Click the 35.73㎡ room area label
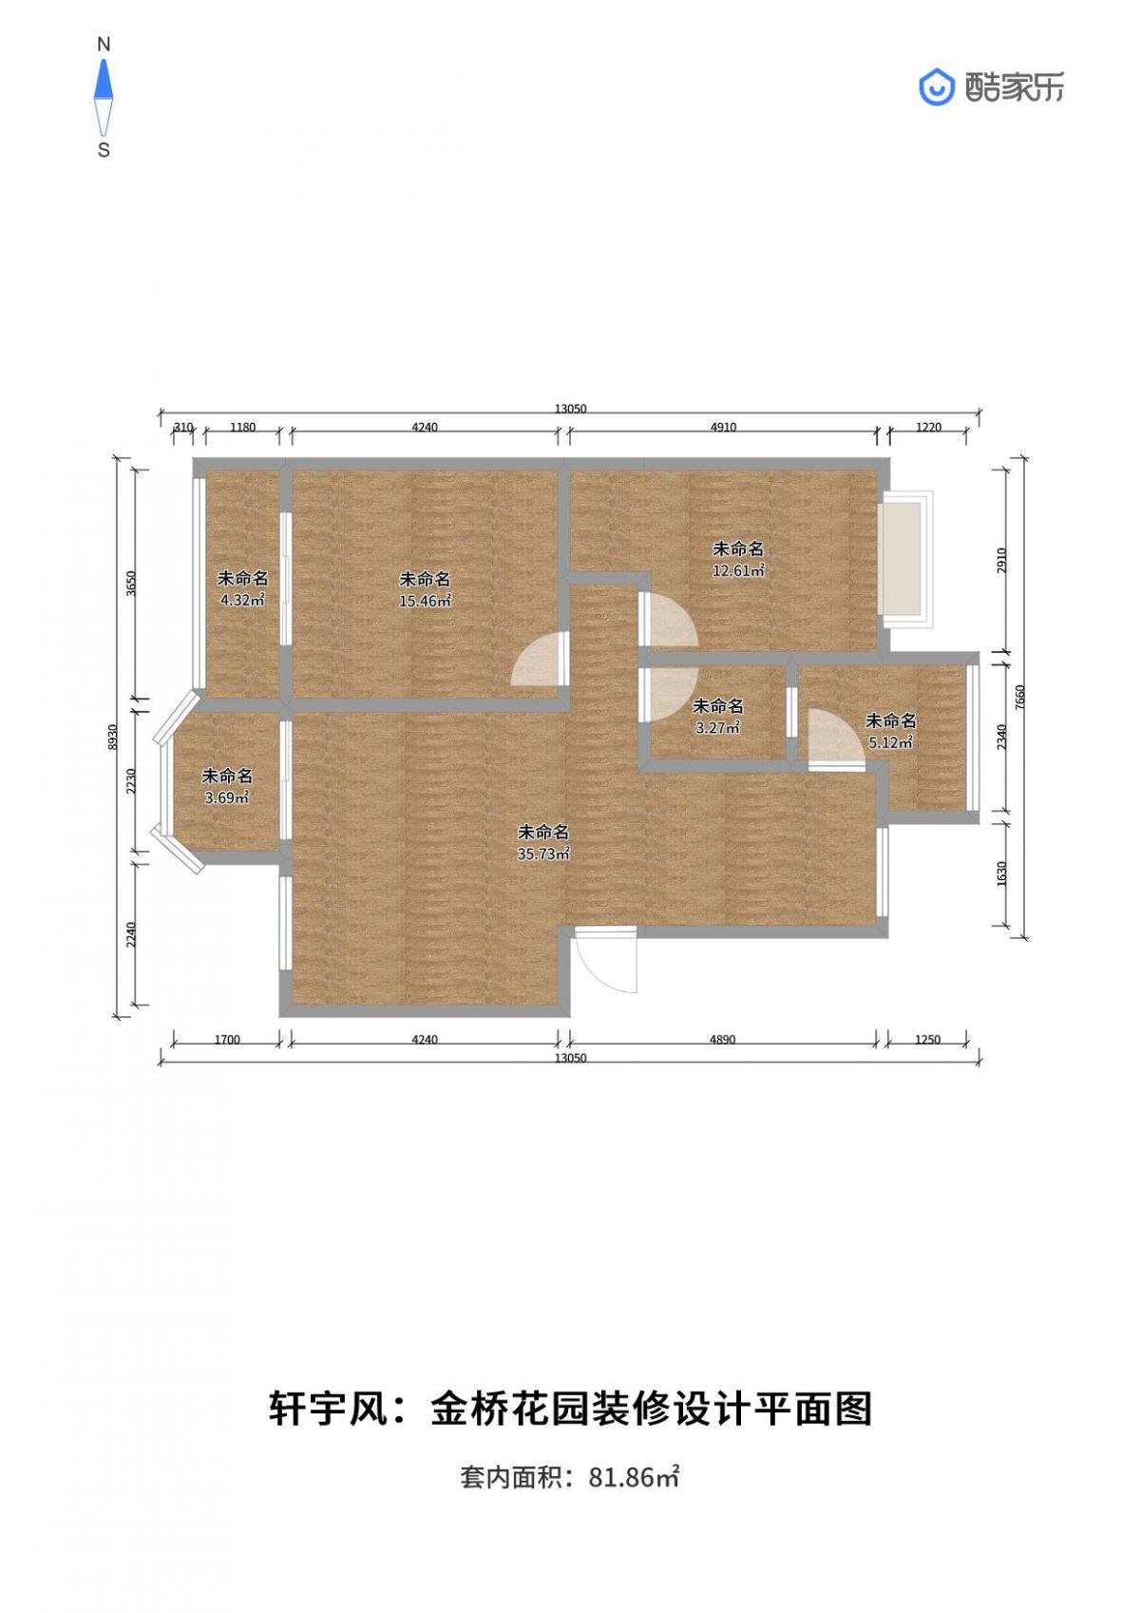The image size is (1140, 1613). [543, 855]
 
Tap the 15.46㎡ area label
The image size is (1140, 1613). [425, 601]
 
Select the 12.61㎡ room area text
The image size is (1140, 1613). [738, 570]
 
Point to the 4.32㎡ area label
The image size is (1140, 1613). [242, 600]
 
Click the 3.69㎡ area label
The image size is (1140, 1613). [227, 797]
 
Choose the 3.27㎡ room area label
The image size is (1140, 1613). [717, 727]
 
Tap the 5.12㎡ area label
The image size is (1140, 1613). [890, 742]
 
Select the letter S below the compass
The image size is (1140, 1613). [104, 150]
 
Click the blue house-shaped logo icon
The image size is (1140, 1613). [937, 87]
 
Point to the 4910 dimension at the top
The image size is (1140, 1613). [723, 427]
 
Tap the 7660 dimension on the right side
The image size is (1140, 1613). [1018, 697]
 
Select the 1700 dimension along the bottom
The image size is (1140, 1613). [227, 1039]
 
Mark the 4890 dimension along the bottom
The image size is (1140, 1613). [723, 1039]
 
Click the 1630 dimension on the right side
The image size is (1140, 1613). [1002, 874]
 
